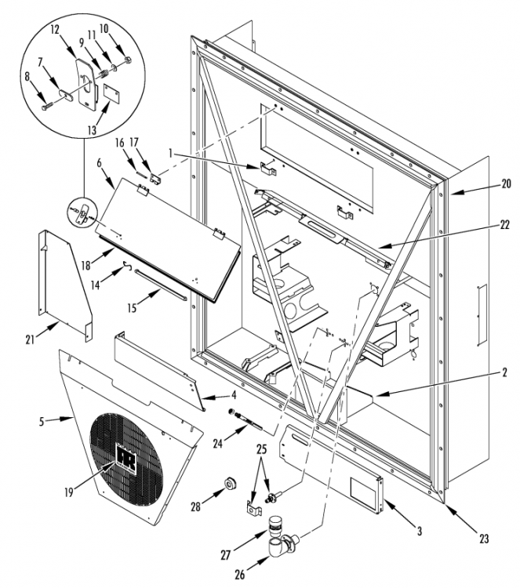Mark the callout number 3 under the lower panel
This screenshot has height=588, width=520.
420,531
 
